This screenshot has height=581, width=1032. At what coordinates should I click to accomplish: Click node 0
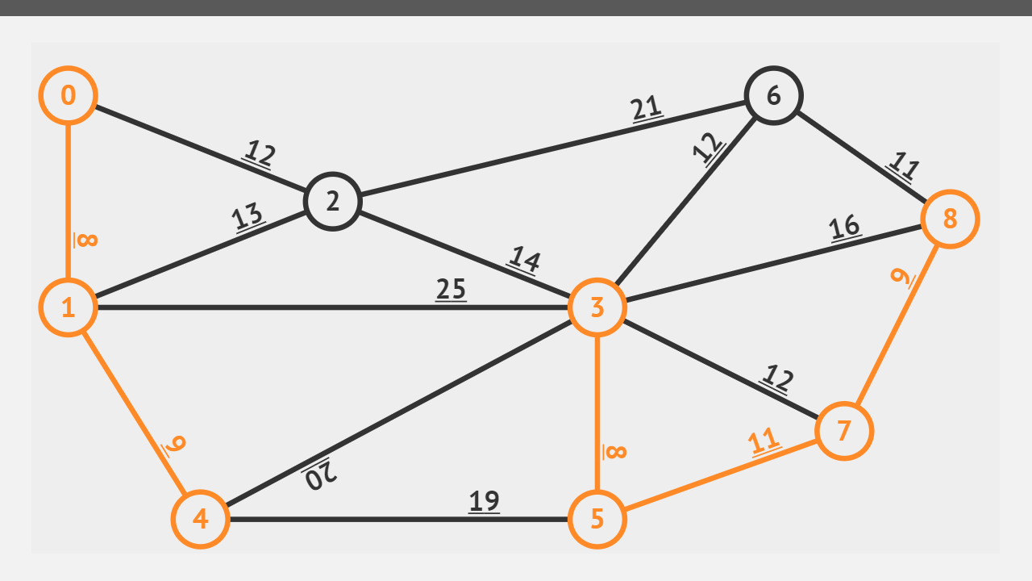[69, 95]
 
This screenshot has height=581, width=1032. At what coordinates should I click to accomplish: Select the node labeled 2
[332, 202]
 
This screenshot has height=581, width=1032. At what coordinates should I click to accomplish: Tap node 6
[774, 95]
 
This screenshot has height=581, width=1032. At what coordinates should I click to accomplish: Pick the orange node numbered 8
[950, 219]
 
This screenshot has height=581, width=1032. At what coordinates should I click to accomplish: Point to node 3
[597, 307]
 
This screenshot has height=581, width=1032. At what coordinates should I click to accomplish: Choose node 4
[201, 519]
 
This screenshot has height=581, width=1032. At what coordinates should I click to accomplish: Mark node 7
[844, 431]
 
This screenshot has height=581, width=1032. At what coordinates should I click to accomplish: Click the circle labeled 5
[597, 519]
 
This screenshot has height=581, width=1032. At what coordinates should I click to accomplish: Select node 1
[69, 307]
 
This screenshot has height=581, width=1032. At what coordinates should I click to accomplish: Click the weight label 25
[451, 289]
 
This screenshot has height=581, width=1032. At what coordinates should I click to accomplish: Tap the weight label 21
[647, 107]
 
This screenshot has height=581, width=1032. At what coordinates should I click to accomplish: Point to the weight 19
[484, 501]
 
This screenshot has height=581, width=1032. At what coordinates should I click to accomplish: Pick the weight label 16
[844, 227]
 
